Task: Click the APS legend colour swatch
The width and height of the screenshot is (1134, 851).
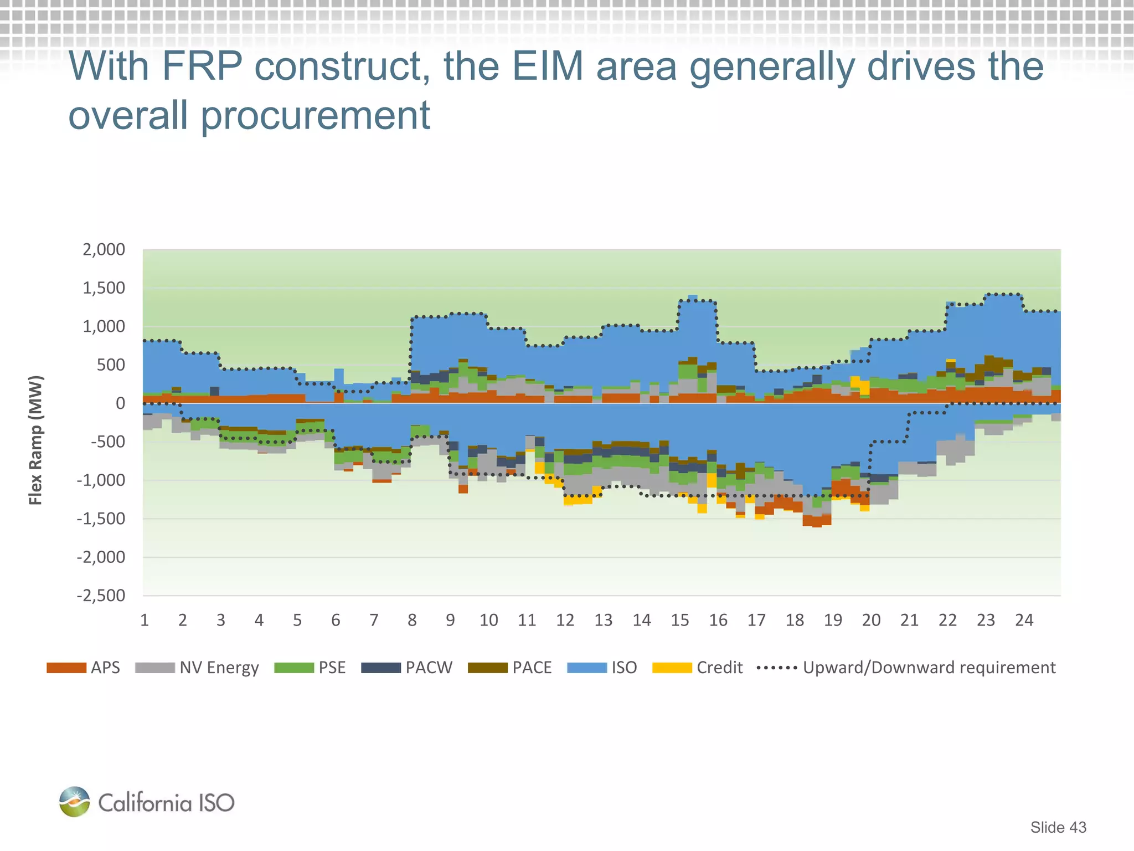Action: point(66,668)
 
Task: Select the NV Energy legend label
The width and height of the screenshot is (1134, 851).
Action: point(219,668)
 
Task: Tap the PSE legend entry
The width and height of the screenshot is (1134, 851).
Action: point(332,668)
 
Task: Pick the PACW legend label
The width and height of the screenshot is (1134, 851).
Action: point(429,668)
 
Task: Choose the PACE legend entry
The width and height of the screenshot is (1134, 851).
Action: point(532,668)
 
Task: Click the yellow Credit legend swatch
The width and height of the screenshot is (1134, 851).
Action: point(672,668)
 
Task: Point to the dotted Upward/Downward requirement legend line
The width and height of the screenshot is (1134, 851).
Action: point(776,668)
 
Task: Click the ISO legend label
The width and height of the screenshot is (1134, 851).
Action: point(624,668)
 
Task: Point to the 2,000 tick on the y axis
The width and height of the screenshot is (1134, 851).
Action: point(104,250)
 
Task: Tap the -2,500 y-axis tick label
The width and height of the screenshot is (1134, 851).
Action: point(101,596)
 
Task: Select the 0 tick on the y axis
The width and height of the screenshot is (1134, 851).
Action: point(120,403)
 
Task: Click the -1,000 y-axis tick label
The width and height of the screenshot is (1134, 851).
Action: point(101,480)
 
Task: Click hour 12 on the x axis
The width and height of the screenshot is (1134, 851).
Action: point(565,620)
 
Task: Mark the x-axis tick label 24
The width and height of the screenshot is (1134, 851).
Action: point(1024,620)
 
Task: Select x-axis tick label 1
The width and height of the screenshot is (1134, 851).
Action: point(145,620)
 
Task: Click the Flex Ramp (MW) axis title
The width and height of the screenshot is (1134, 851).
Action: point(35,440)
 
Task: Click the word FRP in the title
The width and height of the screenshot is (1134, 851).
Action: point(202,66)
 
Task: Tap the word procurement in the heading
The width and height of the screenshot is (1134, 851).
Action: point(315,115)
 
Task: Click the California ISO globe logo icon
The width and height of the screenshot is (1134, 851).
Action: point(74,802)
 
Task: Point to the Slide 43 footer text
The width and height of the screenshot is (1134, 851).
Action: point(1058,827)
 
